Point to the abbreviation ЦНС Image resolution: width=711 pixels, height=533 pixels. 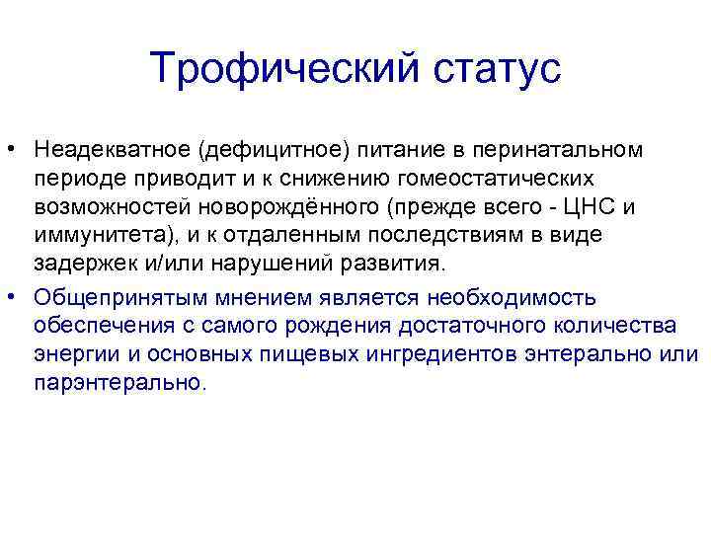coord(598,207)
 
